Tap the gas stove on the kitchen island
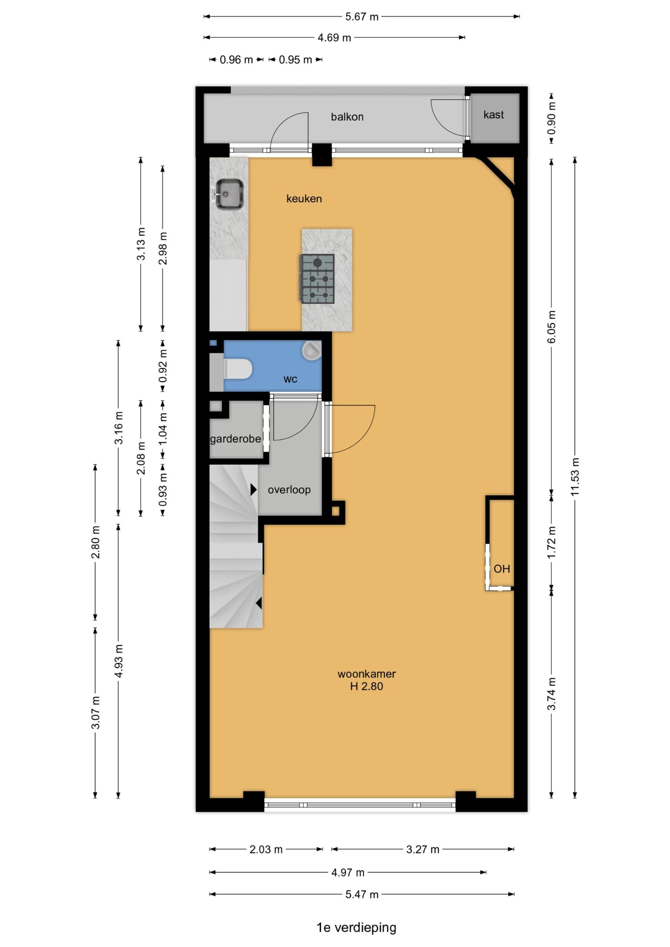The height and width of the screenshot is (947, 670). pyautogui.click(x=316, y=279)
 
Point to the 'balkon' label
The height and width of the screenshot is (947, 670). pyautogui.click(x=347, y=117)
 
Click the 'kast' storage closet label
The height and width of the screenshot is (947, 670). pyautogui.click(x=493, y=115)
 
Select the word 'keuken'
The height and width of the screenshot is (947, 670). pyautogui.click(x=304, y=199)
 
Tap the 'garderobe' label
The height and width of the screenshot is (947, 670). pyautogui.click(x=235, y=439)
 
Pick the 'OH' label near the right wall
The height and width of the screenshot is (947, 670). pyautogui.click(x=502, y=569)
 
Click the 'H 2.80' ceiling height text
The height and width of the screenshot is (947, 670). pyautogui.click(x=366, y=686)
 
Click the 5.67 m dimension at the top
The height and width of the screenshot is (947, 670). pyautogui.click(x=362, y=17)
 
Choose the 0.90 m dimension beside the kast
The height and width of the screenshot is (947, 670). pyautogui.click(x=552, y=118)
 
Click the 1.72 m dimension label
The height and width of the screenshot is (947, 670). pyautogui.click(x=552, y=542)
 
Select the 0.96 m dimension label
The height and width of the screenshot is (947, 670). pyautogui.click(x=236, y=60)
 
